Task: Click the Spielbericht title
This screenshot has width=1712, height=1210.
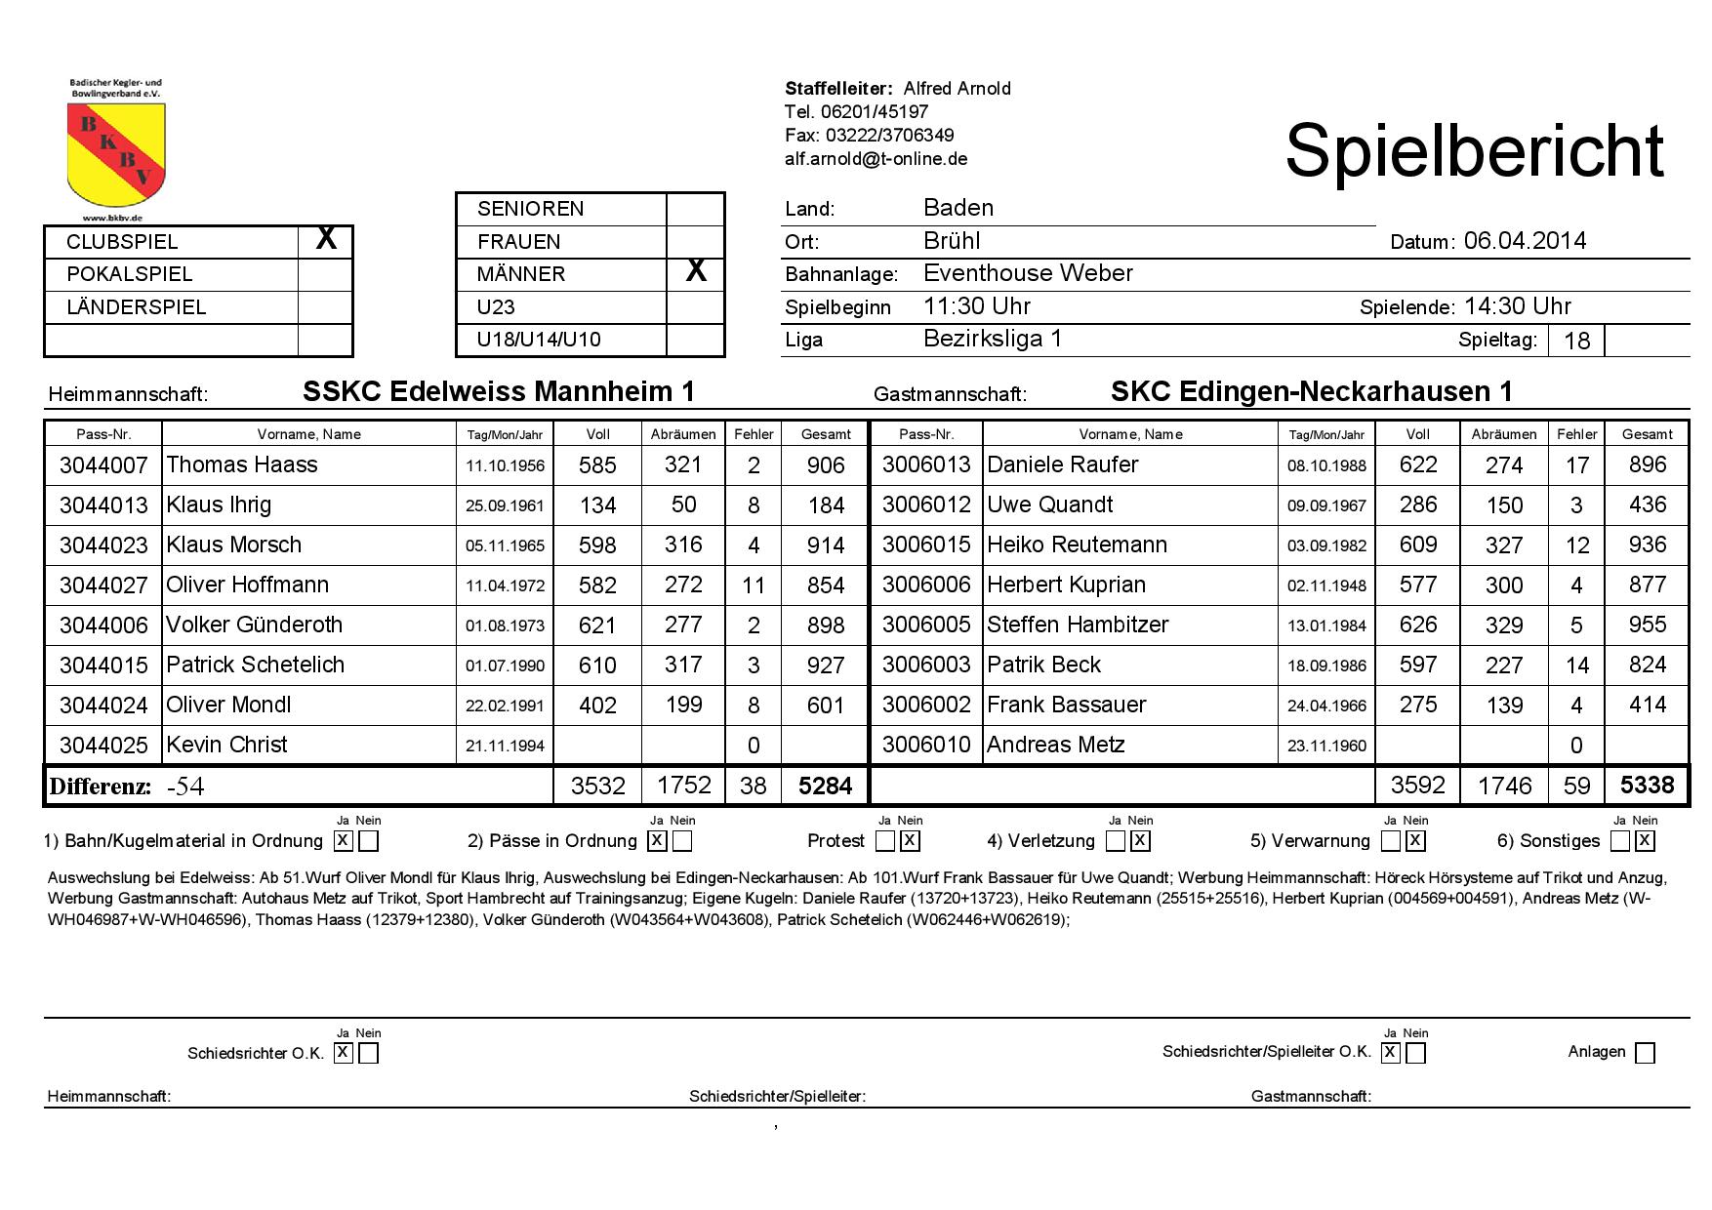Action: tap(1473, 151)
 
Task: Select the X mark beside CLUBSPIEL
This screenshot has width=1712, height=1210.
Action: tap(326, 239)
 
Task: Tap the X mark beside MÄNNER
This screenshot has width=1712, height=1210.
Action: tap(695, 271)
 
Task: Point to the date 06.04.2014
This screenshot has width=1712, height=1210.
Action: tap(1525, 241)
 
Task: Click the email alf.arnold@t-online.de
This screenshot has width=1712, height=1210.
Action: tap(876, 158)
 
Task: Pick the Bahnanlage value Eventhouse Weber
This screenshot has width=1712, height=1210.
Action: tap(1028, 273)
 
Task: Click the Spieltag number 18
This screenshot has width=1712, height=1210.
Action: tap(1576, 341)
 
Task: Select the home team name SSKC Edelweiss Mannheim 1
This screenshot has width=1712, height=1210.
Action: tap(499, 391)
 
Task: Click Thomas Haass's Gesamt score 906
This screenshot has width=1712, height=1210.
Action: tap(826, 465)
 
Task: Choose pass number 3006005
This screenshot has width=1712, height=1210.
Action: tap(925, 625)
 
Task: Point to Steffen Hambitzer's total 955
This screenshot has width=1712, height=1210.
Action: tap(1647, 625)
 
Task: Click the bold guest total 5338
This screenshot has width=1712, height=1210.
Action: tap(1647, 786)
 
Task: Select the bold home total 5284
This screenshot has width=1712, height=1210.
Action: tap(826, 786)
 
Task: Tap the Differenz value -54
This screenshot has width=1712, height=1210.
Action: tap(184, 786)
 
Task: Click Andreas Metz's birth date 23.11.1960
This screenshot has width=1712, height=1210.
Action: tap(1326, 746)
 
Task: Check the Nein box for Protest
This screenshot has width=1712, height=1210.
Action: tap(910, 840)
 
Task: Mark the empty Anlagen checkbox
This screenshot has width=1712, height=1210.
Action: tap(1645, 1053)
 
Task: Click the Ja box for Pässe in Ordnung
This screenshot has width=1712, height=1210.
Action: tap(657, 840)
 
